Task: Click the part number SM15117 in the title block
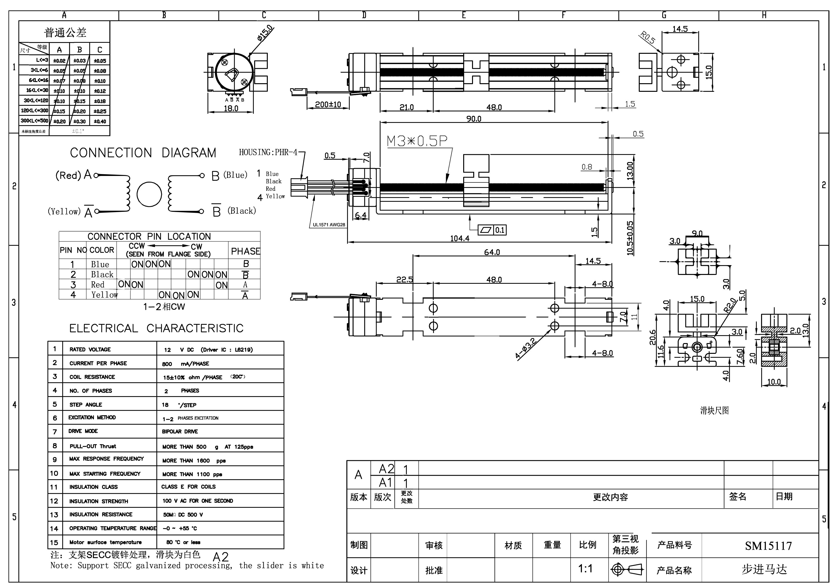click(768, 546)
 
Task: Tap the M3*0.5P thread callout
click(417, 141)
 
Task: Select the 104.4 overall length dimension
click(460, 238)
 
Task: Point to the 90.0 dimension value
click(474, 119)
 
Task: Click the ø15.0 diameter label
click(265, 33)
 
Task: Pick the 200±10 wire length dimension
click(328, 104)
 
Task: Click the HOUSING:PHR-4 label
click(268, 152)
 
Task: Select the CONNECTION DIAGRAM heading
click(143, 153)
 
